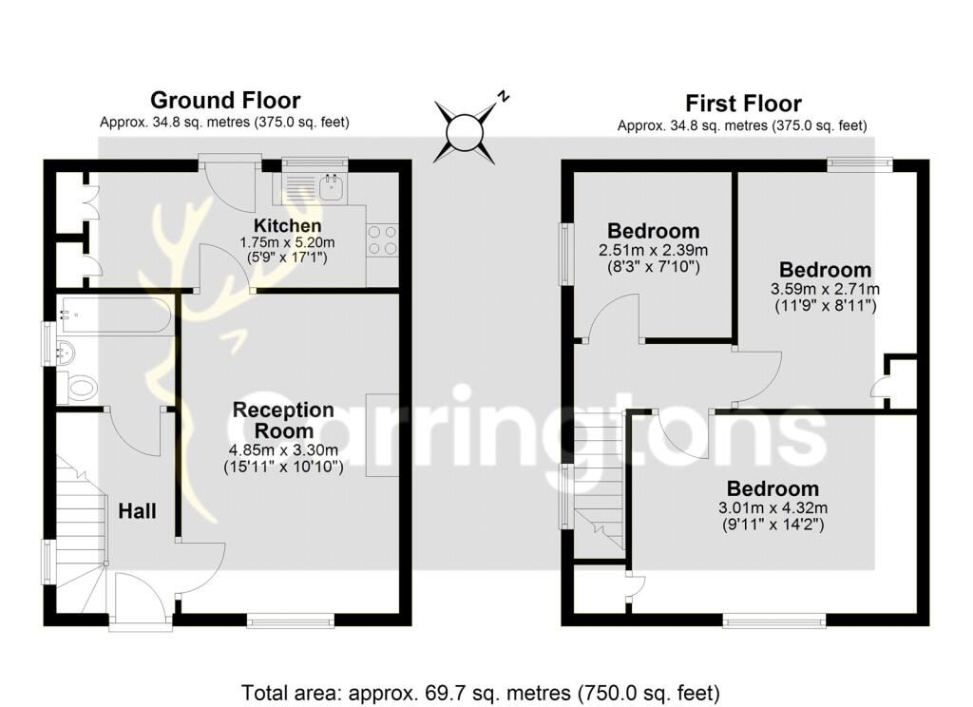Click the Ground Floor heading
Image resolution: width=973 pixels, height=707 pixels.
point(225,100)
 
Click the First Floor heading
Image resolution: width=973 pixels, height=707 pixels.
point(743,103)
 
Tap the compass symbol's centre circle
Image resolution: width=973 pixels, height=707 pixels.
point(465,132)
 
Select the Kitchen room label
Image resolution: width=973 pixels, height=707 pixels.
point(287,225)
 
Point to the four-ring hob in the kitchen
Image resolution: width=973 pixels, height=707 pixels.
point(382,239)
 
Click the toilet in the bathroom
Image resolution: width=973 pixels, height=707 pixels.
point(79,389)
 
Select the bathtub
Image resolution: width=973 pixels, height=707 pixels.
point(114,315)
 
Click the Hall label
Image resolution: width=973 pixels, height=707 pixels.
point(137,511)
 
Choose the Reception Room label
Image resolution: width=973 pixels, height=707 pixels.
point(283,420)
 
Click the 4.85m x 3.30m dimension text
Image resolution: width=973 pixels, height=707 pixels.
point(283,450)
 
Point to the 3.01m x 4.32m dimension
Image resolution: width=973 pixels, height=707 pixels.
point(773,507)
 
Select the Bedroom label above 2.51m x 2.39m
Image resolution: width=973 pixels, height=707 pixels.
point(654,231)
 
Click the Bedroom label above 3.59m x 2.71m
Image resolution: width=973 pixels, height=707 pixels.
point(826,270)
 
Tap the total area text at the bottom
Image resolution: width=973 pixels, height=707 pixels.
point(480,692)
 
